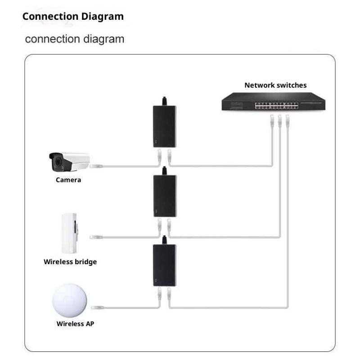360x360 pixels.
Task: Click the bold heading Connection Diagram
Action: coord(73,17)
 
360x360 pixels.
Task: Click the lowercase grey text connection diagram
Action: coord(75,39)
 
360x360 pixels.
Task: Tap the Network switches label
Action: coord(275,85)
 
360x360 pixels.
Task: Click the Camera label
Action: coord(68,180)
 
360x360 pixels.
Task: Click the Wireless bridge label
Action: coord(70,261)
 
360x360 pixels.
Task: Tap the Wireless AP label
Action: coord(76,323)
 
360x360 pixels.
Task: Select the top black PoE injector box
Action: coord(164,126)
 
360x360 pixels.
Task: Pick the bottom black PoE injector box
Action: coord(165,266)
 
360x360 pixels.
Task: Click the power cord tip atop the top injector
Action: coord(164,99)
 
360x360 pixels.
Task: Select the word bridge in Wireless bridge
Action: coord(86,261)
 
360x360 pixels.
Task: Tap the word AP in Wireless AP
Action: coord(90,323)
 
